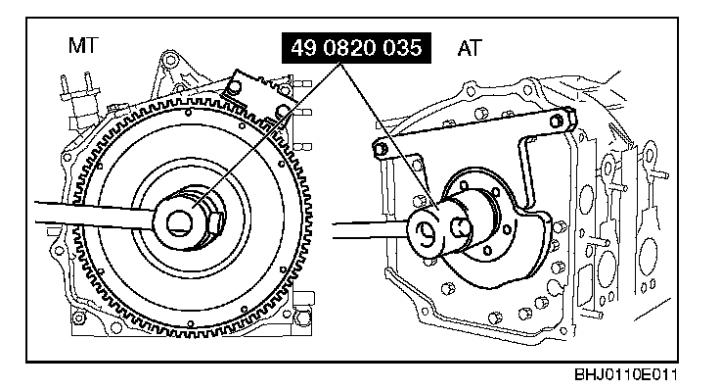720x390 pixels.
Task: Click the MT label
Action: click(83, 45)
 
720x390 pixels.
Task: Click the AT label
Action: click(470, 48)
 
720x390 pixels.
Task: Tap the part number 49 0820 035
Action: click(356, 47)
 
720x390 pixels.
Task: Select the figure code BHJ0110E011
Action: click(625, 374)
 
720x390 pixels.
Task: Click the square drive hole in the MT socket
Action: click(180, 223)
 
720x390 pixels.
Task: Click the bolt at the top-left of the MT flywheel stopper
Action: click(236, 86)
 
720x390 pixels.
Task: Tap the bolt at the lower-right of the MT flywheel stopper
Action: click(282, 112)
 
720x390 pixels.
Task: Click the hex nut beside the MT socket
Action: click(217, 223)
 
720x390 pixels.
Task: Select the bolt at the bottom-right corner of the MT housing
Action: click(301, 317)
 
